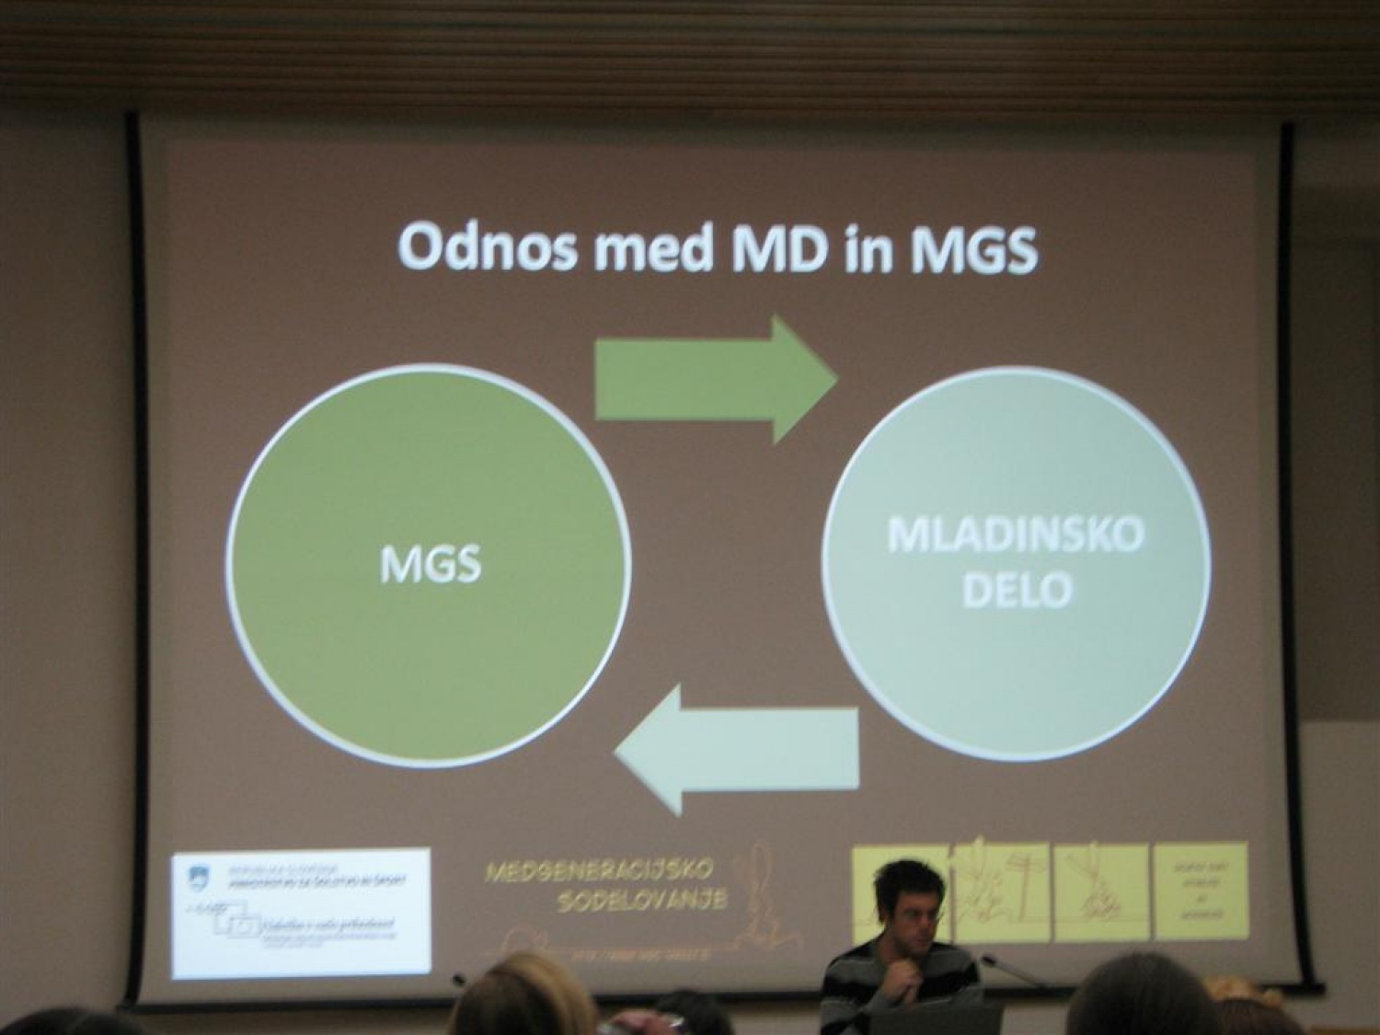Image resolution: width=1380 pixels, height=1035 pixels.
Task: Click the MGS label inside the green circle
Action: coord(431,564)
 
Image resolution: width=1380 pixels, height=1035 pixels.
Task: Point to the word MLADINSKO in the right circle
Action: coord(1016,535)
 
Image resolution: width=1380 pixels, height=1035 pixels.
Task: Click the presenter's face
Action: coord(911,906)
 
